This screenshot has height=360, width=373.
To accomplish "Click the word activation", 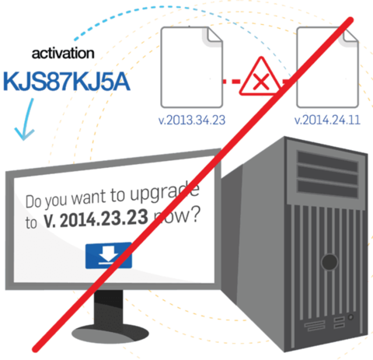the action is (63, 54).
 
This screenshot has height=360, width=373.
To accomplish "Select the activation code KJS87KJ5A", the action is (66, 82).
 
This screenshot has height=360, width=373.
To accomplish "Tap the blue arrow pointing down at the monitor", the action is (25, 119).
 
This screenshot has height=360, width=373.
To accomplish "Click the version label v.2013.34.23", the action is (192, 120).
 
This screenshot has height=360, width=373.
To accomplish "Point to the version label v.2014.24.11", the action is (327, 120).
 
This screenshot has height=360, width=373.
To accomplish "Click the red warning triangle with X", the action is (260, 77).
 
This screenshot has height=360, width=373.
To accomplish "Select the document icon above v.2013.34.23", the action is (192, 67).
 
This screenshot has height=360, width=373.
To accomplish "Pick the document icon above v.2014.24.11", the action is (328, 67).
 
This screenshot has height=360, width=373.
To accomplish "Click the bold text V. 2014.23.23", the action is (96, 219).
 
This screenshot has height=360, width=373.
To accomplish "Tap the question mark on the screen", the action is (196, 214).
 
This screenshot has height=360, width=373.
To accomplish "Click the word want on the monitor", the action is (89, 197).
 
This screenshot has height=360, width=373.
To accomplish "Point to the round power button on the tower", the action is (329, 262).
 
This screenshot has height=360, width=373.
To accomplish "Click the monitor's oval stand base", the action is (110, 333).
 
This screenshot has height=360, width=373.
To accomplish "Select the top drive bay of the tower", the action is (327, 158).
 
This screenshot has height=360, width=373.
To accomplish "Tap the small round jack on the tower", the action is (351, 317).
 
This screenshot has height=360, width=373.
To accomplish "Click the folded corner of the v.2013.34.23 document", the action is (213, 37).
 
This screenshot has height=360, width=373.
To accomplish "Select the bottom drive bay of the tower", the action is (328, 189).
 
